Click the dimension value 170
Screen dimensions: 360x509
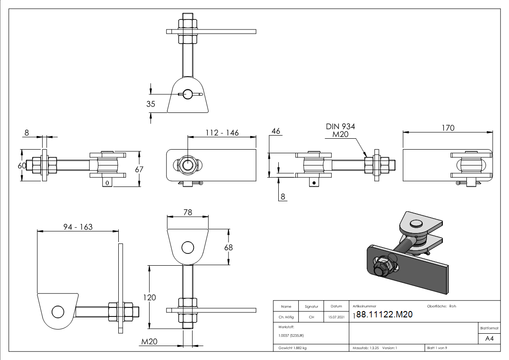click(x=447, y=128)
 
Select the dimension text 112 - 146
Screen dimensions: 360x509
click(x=222, y=132)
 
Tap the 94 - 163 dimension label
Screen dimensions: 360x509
click(x=77, y=226)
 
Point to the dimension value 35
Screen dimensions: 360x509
click(x=150, y=104)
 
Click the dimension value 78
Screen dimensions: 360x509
click(x=188, y=212)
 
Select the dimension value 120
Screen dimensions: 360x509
click(x=149, y=297)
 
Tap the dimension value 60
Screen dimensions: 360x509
click(x=22, y=166)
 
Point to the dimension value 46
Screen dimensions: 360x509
click(x=275, y=131)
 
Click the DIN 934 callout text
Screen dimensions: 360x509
click(x=340, y=126)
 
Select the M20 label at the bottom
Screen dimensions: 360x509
click(x=149, y=341)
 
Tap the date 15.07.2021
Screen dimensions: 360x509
click(x=336, y=317)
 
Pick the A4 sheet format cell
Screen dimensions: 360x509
click(x=490, y=338)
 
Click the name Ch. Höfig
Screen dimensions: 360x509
click(x=286, y=317)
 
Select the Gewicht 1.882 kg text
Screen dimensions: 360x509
click(x=292, y=348)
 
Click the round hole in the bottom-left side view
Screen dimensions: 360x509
click(x=58, y=312)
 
